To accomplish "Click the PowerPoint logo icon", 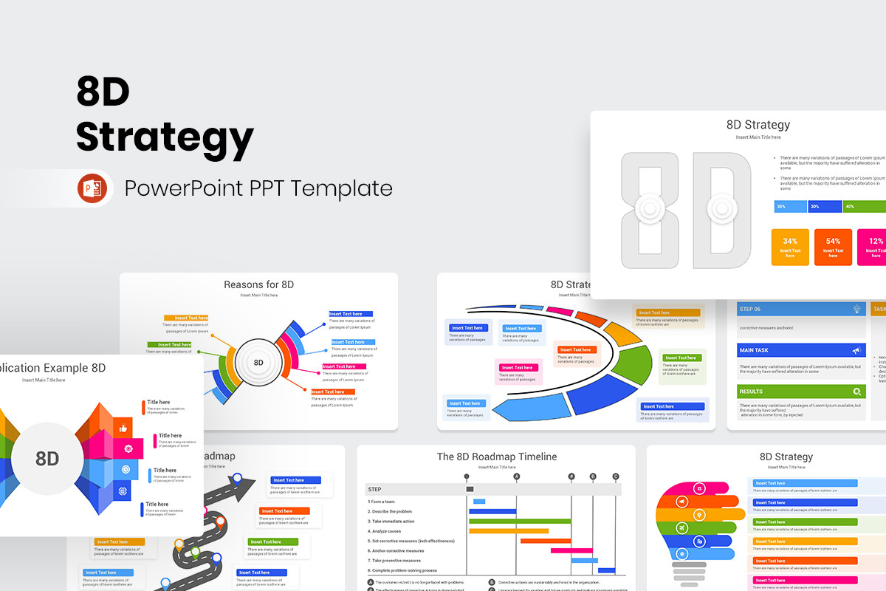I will click(92, 189).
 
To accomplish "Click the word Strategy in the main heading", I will click(165, 137).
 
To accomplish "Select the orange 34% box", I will click(790, 247).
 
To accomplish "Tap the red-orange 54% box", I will click(833, 247).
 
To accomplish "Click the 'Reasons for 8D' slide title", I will click(258, 284).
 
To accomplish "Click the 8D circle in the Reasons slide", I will click(258, 362).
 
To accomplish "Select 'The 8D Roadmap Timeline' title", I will click(496, 457).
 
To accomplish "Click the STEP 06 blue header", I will click(801, 309).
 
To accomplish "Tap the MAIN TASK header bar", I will click(801, 350).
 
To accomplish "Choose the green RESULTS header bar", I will click(801, 391).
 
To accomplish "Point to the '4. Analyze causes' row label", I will click(384, 531).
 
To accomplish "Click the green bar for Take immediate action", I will click(520, 521).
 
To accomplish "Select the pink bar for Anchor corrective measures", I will click(571, 550).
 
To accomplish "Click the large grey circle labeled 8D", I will click(47, 459).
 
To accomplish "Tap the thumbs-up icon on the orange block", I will click(123, 428).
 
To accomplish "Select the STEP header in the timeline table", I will click(375, 489).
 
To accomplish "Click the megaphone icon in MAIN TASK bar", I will click(856, 350).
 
